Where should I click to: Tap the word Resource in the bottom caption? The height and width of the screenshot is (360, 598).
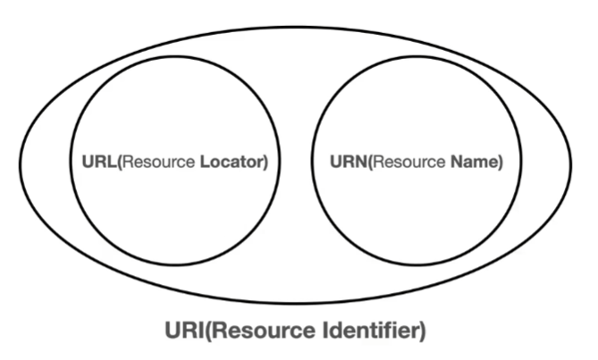point(264,331)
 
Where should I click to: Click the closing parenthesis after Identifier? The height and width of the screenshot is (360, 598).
point(422,331)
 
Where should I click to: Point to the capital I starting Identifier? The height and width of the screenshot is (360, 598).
point(324,331)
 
